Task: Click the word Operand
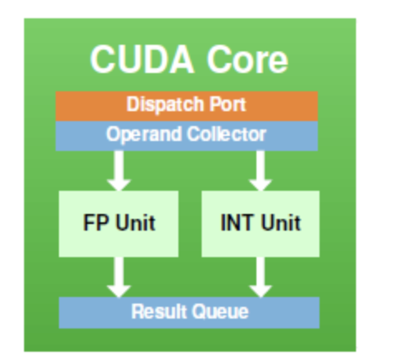(139, 134)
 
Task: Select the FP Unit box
(119, 222)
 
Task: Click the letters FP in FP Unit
(95, 223)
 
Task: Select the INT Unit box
(260, 222)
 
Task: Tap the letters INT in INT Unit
(237, 223)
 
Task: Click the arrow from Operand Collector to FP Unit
(119, 170)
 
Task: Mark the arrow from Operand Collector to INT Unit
(260, 170)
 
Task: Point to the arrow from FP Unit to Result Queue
(119, 276)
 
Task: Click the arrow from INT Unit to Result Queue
(260, 276)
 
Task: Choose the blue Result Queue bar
(187, 313)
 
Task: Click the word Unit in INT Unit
(278, 223)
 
